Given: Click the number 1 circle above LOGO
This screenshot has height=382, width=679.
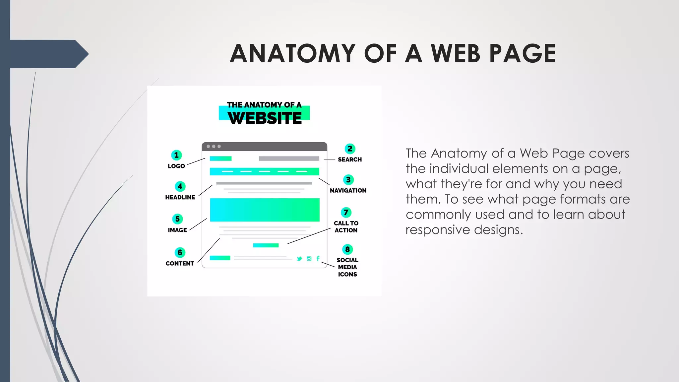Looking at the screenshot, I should click(176, 155).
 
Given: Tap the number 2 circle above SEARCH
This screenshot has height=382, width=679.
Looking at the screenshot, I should click(350, 149).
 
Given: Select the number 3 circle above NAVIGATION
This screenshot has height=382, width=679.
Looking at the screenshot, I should click(348, 180).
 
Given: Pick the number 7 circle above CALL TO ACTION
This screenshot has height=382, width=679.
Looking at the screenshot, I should click(346, 212).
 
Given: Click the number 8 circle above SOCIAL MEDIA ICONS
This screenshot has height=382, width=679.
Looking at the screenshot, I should click(347, 249).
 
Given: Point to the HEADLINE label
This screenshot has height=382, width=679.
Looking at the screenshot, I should click(180, 197).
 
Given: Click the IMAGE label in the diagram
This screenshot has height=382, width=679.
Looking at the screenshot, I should click(177, 230).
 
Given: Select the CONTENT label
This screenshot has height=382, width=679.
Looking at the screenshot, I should click(180, 264).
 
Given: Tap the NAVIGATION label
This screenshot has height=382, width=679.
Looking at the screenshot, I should click(348, 191).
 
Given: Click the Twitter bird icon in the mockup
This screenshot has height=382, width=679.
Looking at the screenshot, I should click(299, 259).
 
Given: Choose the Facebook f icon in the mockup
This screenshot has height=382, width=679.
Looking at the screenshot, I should click(318, 258).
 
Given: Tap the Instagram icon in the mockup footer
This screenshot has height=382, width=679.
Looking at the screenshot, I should click(309, 259).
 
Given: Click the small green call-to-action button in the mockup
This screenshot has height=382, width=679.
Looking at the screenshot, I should click(266, 245).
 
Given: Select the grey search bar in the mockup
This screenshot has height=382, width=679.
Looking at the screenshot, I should click(289, 159).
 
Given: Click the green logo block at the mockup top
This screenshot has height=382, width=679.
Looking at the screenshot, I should click(220, 159).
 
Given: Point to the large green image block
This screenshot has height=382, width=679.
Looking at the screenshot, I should click(265, 210).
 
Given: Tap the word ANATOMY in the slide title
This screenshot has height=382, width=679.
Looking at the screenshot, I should click(293, 54).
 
